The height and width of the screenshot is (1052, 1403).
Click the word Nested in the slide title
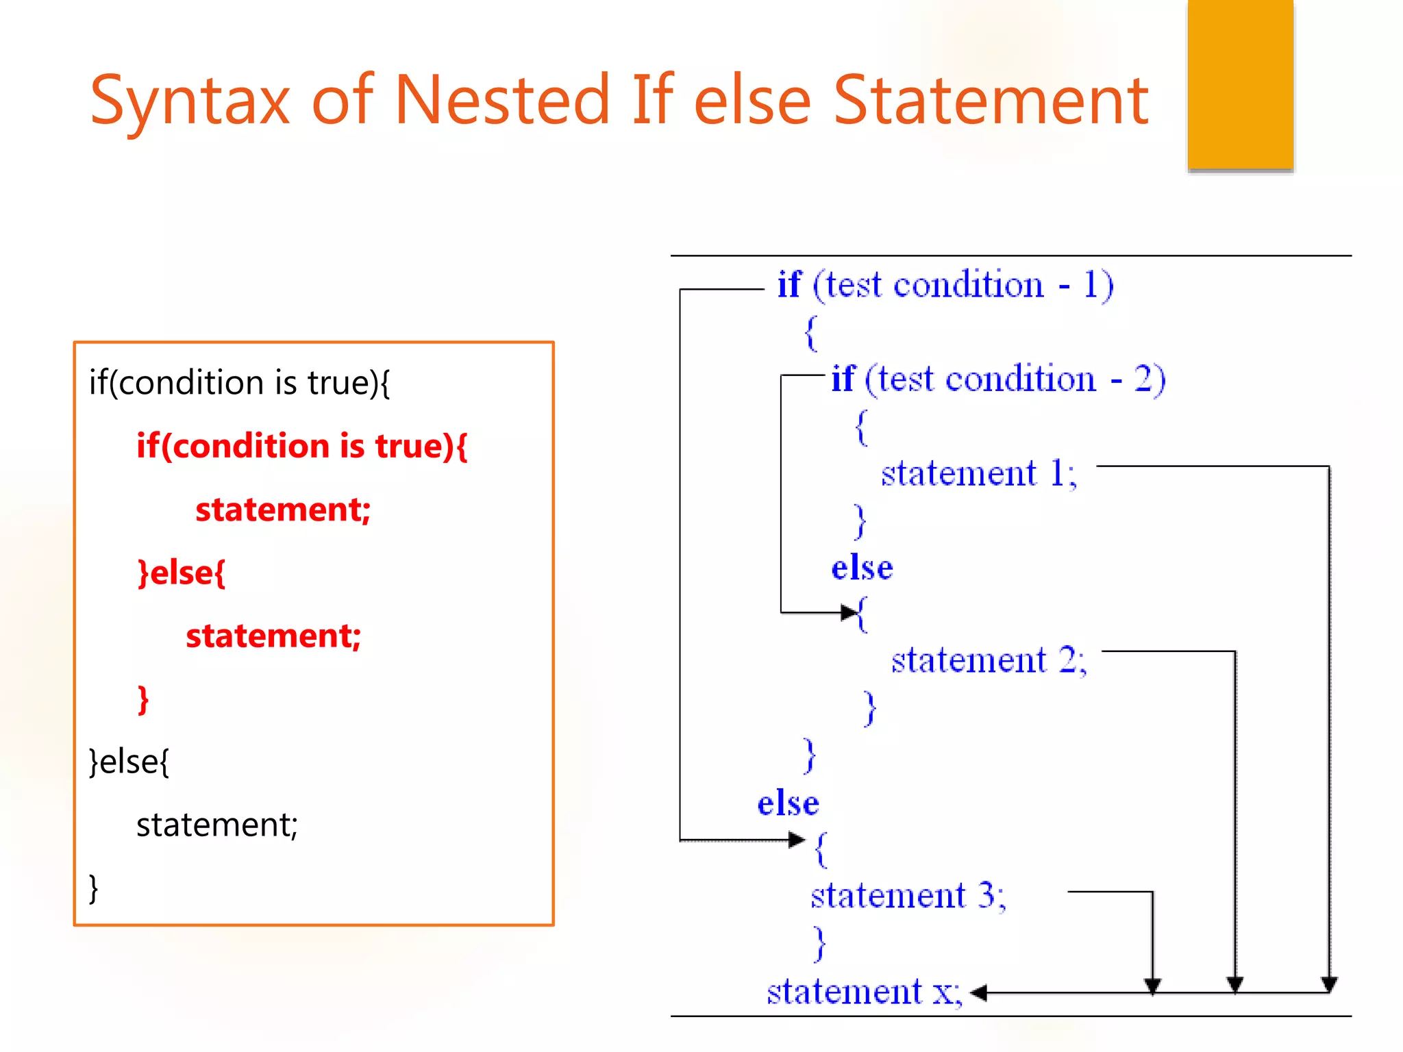pyautogui.click(x=501, y=100)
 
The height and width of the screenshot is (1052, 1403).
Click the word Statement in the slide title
pyautogui.click(x=991, y=100)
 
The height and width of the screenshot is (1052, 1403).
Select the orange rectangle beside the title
pyautogui.click(x=1240, y=84)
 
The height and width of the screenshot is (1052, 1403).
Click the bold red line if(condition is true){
pyautogui.click(x=301, y=446)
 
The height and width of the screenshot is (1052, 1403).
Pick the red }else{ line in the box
pyautogui.click(x=182, y=573)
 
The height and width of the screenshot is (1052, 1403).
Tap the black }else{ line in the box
pyautogui.click(x=129, y=762)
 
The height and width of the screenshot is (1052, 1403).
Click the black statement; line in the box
pyautogui.click(x=217, y=825)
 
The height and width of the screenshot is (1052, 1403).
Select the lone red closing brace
pyautogui.click(x=143, y=699)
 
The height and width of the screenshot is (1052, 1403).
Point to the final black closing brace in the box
pyautogui.click(x=94, y=888)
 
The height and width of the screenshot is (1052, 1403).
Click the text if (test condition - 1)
pyautogui.click(x=945, y=285)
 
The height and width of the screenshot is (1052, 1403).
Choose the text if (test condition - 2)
pyautogui.click(x=998, y=379)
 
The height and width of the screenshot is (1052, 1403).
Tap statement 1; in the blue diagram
pyautogui.click(x=979, y=473)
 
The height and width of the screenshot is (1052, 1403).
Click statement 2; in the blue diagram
pyautogui.click(x=989, y=660)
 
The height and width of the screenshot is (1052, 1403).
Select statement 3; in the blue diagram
pyautogui.click(x=908, y=896)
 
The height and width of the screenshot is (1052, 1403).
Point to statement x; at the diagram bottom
pyautogui.click(x=865, y=992)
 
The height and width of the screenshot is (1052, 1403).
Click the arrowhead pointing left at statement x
pyautogui.click(x=978, y=992)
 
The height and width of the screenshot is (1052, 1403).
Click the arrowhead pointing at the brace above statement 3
pyautogui.click(x=797, y=840)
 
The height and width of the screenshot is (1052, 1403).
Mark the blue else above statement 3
pyautogui.click(x=788, y=803)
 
